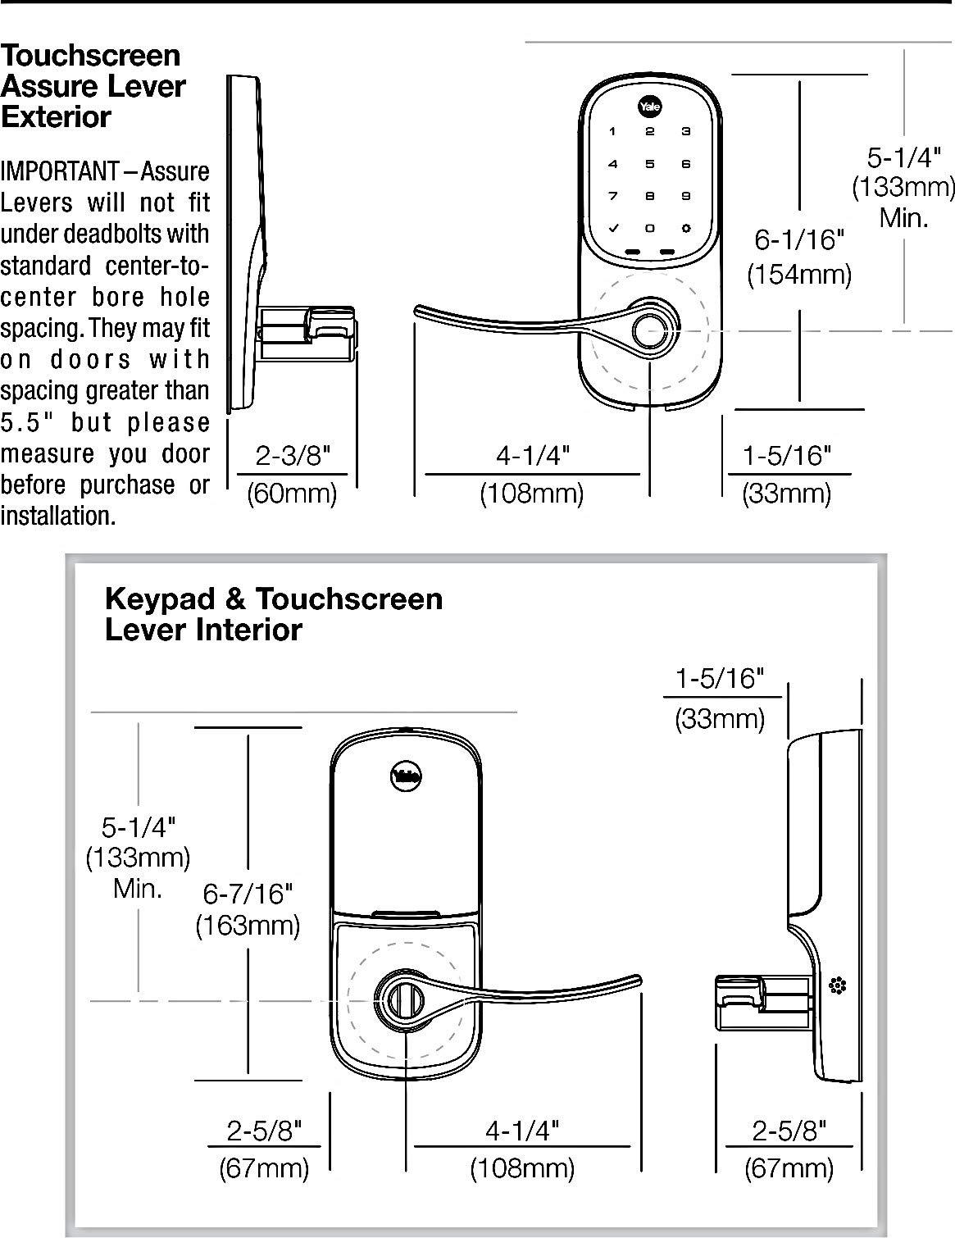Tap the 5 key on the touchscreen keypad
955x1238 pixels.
(650, 164)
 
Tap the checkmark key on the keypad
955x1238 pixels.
(612, 229)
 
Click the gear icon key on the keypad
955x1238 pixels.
(686, 229)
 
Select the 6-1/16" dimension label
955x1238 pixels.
(798, 240)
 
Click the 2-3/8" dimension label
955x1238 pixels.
(293, 456)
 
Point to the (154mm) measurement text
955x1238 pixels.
(798, 274)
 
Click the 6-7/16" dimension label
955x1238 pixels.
(248, 892)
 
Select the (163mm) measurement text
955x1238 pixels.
(248, 926)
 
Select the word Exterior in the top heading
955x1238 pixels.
(56, 117)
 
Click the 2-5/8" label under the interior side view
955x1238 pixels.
(789, 1131)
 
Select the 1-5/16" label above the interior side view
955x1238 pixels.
(720, 679)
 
